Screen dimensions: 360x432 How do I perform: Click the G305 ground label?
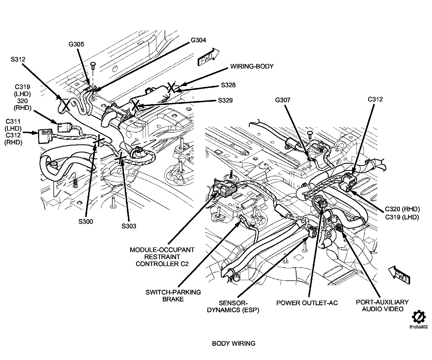click(x=76, y=44)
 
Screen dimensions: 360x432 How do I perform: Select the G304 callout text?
click(x=198, y=40)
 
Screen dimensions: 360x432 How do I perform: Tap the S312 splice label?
click(x=18, y=59)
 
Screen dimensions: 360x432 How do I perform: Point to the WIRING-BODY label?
click(x=252, y=66)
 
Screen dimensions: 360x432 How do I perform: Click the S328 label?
click(x=228, y=85)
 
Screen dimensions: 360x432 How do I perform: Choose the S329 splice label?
click(x=225, y=100)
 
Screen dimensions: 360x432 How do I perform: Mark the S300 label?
click(x=86, y=222)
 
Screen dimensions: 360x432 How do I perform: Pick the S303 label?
click(x=129, y=226)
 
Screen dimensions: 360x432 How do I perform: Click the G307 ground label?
click(x=283, y=100)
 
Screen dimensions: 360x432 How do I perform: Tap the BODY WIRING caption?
click(x=234, y=344)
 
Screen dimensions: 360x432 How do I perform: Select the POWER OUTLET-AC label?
click(x=307, y=303)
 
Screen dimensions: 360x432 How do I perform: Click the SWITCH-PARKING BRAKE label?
click(x=173, y=296)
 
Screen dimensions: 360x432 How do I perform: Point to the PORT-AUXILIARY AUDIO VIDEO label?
click(x=382, y=305)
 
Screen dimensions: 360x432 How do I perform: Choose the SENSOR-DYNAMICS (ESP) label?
click(x=233, y=307)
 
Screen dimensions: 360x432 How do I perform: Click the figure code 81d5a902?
click(x=418, y=327)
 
